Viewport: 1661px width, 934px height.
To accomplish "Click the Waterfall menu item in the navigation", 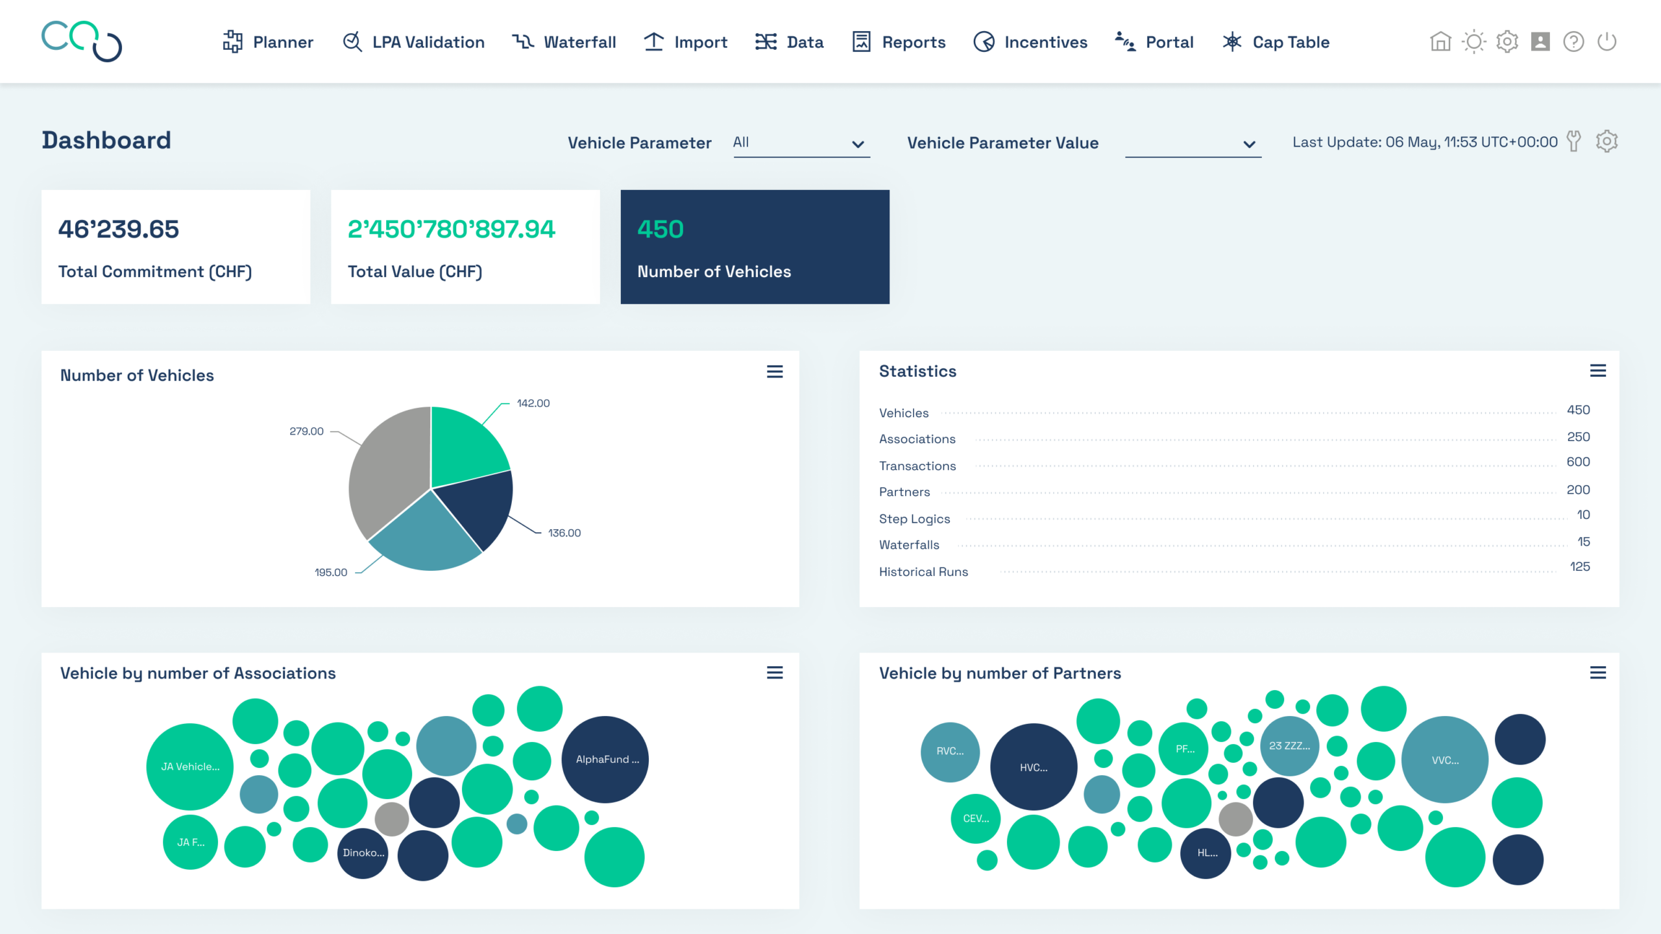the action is coord(564,42).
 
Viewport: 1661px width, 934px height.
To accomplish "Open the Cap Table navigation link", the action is coord(1276,42).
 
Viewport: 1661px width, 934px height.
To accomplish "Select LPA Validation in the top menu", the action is coord(413,42).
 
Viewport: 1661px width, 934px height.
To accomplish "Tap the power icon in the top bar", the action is coord(1606,42).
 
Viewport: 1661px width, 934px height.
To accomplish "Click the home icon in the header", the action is coord(1440,42).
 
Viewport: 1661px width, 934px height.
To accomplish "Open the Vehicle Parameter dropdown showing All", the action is coord(801,143).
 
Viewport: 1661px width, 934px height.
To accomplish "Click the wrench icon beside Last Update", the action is coord(1574,141).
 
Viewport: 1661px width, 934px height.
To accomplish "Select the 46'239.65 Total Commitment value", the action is coord(119,229).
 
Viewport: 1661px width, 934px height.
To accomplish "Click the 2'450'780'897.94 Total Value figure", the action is coord(452,229).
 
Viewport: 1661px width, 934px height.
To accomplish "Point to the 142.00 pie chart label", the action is coord(533,403).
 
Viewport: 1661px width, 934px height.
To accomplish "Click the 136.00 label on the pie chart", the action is coord(564,533).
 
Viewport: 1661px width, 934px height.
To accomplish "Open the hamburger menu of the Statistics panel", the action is coord(1598,371).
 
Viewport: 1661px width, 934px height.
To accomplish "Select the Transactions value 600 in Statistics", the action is coord(1578,462).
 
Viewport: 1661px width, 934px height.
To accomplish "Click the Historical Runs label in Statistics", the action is coord(923,572).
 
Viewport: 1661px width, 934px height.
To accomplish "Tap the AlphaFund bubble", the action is coord(605,760).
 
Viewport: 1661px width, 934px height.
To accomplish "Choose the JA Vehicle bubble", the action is coord(190,767).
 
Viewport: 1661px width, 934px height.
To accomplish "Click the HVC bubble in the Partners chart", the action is coord(1034,767).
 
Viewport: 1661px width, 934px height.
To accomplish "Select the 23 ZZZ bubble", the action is coord(1289,746).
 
